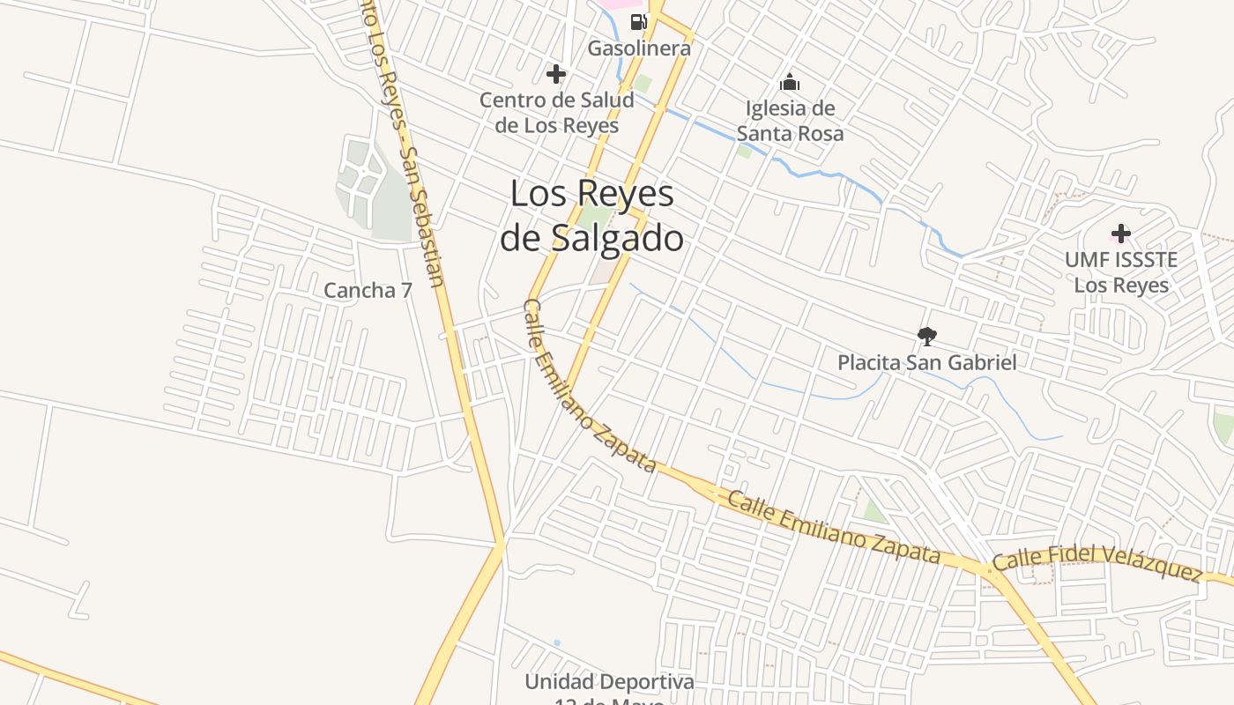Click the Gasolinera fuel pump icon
pos(638,21)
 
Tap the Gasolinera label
pos(639,48)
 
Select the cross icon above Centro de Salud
pos(556,73)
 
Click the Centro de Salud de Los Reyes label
pos(556,113)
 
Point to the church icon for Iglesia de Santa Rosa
pos(790,83)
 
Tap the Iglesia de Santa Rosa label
pos(790,121)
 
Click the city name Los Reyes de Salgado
pos(592,216)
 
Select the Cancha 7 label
pos(368,290)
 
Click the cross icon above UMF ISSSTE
pos(1120,234)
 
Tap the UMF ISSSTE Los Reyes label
pos(1121,272)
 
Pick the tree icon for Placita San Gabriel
pos(926,336)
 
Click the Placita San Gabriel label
pos(926,362)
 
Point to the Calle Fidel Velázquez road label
pos(1097,563)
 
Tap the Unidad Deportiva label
pos(609,682)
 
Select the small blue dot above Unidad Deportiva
pos(556,643)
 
